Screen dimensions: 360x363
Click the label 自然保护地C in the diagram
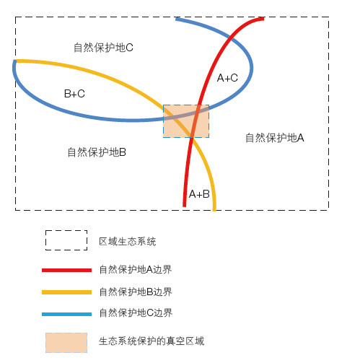[x=103, y=48]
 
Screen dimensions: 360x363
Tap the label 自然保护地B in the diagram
[x=97, y=152]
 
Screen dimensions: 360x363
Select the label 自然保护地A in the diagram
[x=275, y=138]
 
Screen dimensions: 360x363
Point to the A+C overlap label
[x=227, y=78]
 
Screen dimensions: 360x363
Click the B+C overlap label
[x=74, y=94]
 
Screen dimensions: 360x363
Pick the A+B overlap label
[x=199, y=194]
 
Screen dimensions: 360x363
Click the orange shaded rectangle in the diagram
[x=186, y=121]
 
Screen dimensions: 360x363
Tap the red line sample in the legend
[x=66, y=270]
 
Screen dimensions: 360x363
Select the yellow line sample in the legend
[x=66, y=292]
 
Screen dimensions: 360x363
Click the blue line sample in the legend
[x=66, y=314]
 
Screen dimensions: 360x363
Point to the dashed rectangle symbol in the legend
[x=66, y=240]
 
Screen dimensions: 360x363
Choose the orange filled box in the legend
[x=66, y=343]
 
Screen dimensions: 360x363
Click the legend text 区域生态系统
[x=128, y=242]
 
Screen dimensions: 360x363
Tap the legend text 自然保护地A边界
[x=136, y=269]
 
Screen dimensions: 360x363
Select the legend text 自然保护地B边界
[x=136, y=292]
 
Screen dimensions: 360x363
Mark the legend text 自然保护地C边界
[x=136, y=312]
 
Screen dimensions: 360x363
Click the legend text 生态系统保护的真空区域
[x=152, y=341]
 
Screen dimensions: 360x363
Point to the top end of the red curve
[x=264, y=19]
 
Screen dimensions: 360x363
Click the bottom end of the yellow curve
[x=214, y=210]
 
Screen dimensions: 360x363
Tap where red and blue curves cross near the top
[x=232, y=38]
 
